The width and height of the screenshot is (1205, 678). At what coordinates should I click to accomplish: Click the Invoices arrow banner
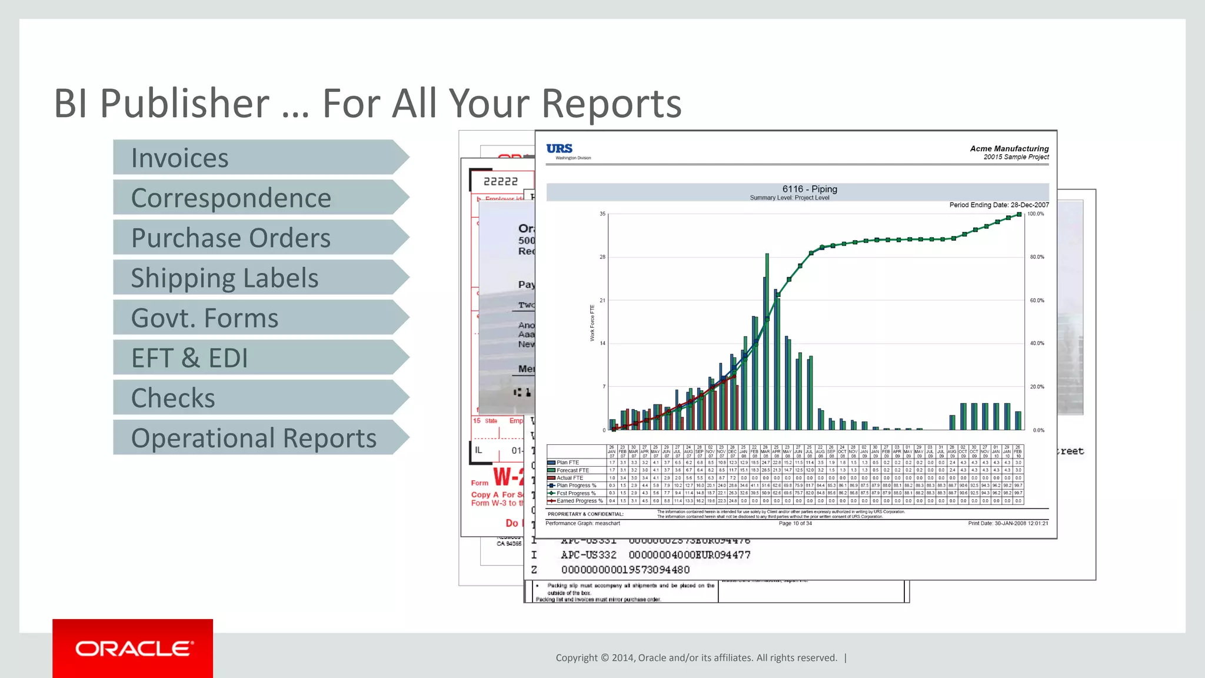(x=259, y=158)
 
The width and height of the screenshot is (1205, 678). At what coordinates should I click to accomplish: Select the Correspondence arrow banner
(x=259, y=198)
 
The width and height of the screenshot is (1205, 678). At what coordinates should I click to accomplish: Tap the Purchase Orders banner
(x=259, y=238)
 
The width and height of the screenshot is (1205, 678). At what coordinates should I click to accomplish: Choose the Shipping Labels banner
(x=259, y=278)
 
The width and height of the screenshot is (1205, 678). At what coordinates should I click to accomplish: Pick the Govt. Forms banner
(x=259, y=318)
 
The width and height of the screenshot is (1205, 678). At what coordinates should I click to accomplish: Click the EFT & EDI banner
(x=259, y=358)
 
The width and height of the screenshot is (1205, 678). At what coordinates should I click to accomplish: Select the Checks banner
(x=259, y=398)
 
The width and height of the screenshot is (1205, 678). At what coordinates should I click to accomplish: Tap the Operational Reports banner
(x=259, y=438)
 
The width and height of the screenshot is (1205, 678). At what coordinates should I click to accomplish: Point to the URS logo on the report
(x=560, y=149)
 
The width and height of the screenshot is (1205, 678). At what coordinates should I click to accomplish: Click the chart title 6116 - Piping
(x=810, y=189)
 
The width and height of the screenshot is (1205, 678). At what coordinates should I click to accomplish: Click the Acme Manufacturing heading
(x=1009, y=149)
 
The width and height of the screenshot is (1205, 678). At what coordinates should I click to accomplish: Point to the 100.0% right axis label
(x=1036, y=214)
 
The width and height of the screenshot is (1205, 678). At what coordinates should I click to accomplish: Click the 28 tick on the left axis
(x=602, y=257)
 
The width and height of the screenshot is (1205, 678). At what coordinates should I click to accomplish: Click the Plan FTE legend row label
(x=568, y=463)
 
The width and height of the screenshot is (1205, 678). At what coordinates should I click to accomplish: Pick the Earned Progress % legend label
(x=580, y=501)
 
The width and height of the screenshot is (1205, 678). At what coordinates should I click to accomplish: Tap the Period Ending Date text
(x=998, y=205)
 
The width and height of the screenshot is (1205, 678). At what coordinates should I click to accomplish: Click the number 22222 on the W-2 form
(x=501, y=182)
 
